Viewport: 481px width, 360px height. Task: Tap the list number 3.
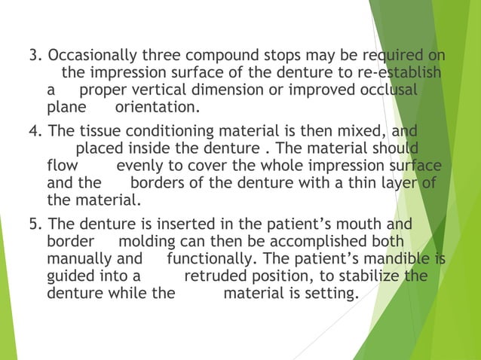[x=34, y=56]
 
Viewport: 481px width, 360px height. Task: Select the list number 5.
[x=34, y=224]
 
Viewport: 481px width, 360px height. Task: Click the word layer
[x=403, y=182]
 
